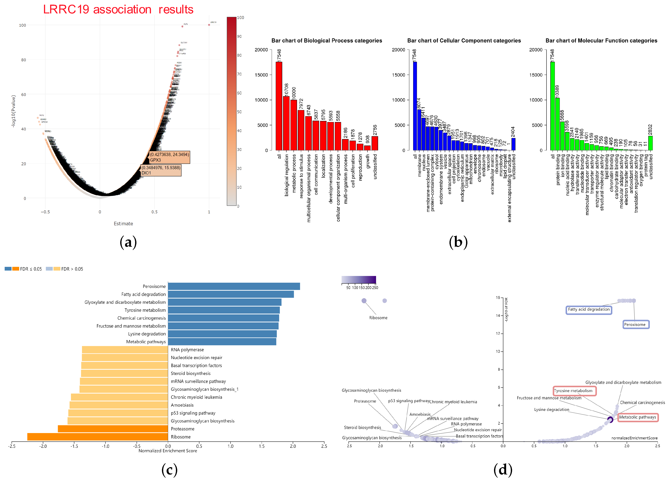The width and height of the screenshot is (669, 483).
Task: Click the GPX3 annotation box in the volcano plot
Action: (x=169, y=157)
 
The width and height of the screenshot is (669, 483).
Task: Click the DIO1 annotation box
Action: (x=161, y=170)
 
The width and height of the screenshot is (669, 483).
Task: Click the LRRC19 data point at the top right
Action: (x=209, y=25)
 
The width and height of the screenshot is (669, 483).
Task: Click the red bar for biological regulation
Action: (x=286, y=123)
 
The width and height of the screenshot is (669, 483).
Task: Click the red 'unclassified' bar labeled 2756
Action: (x=375, y=143)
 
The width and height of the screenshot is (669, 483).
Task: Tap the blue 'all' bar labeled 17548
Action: (x=415, y=106)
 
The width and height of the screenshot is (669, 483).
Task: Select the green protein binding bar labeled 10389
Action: (x=557, y=124)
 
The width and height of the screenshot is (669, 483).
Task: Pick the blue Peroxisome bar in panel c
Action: (x=234, y=286)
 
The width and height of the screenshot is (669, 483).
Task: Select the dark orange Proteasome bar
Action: (x=113, y=429)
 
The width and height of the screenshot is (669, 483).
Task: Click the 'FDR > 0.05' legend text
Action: (x=72, y=269)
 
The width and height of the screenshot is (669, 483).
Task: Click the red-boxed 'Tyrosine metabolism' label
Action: (x=574, y=391)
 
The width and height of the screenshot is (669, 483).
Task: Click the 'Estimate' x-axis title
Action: (x=123, y=223)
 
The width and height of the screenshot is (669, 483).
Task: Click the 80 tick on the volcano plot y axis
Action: (x=24, y=60)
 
